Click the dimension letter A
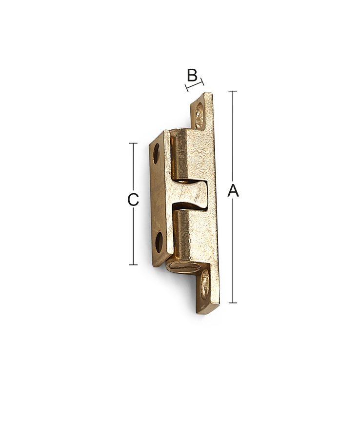(233, 190)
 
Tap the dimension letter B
(192, 75)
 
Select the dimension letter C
(133, 200)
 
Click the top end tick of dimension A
(233, 91)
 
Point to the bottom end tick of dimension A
(233, 303)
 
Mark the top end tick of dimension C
(133, 143)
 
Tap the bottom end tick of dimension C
(133, 264)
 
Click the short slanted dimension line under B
(194, 85)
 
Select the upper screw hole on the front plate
(156, 154)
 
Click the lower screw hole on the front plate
(159, 242)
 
